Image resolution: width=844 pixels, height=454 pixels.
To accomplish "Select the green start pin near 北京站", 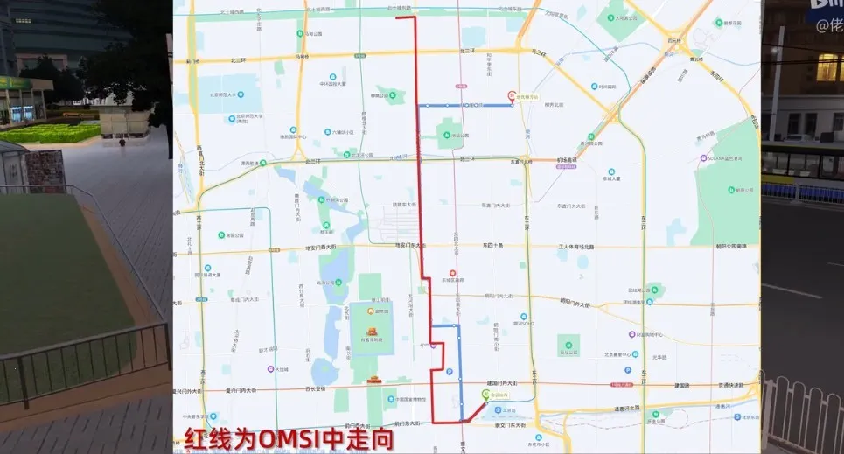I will coord(486,395).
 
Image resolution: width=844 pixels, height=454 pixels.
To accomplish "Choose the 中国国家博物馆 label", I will coord(408,399).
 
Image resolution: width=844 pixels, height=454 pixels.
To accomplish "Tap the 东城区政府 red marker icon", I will coord(451,273).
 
